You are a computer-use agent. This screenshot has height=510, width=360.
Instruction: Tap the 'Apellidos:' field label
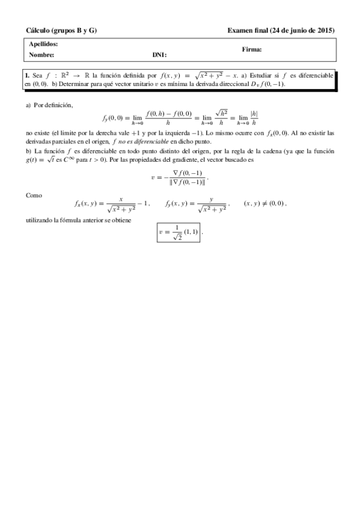(43, 45)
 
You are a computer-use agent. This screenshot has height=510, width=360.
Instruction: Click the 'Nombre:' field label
(41, 55)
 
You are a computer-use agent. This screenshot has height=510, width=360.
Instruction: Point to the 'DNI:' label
(159, 55)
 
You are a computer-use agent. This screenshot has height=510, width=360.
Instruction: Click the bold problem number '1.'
(27, 76)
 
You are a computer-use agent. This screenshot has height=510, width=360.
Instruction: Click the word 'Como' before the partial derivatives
(34, 195)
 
